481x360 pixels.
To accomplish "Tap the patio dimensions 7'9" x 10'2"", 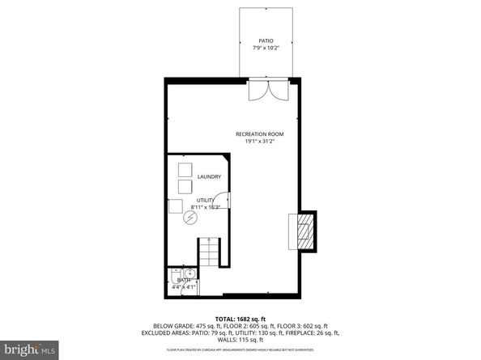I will tap(265, 48).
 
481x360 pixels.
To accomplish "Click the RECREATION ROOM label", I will tap(259, 133).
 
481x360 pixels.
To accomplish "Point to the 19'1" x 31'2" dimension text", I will tap(259, 142).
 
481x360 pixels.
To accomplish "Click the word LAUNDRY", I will tap(209, 176).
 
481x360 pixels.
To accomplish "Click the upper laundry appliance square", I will tap(185, 171).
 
